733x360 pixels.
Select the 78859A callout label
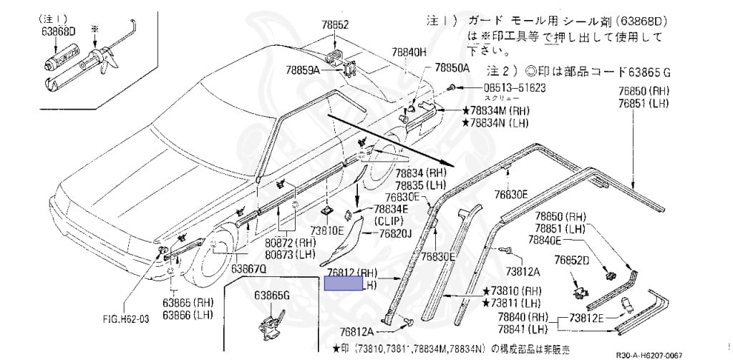[x=302, y=70]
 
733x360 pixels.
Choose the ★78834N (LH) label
[x=499, y=123]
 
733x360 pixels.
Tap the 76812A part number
[x=357, y=331]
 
